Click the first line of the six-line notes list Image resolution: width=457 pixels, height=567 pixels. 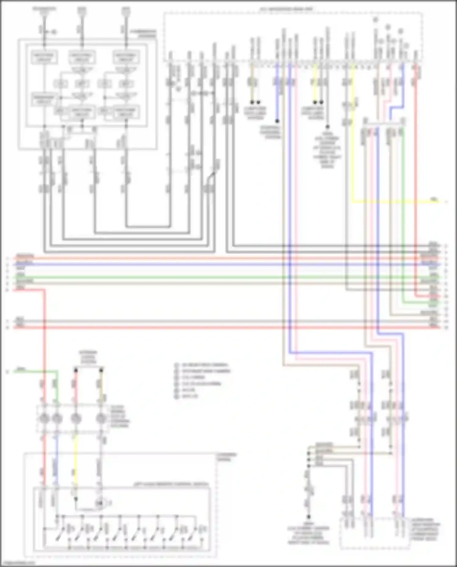pos(204,365)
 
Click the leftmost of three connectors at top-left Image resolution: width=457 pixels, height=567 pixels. pos(44,12)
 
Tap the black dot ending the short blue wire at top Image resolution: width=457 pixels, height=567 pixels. pos(277,121)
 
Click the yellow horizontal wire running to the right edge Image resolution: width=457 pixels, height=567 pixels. pos(396,201)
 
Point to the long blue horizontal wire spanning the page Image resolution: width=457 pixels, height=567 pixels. pos(213,264)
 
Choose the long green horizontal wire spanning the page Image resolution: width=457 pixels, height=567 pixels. pos(213,277)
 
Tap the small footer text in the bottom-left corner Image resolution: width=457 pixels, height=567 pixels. pos(18,563)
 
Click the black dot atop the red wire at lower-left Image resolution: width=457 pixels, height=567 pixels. pos(76,370)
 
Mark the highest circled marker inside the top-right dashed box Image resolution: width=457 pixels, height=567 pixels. pos(376,19)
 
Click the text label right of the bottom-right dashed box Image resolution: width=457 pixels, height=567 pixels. pos(425,530)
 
